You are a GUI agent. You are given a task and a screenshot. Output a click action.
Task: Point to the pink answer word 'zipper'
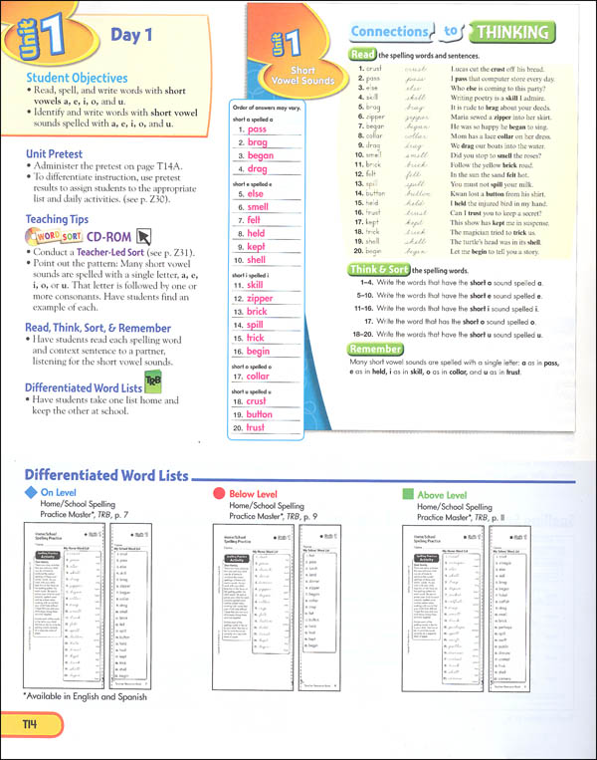260,299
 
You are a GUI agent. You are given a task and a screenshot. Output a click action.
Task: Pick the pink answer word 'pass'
257,129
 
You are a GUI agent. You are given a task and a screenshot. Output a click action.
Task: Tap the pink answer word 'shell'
259,259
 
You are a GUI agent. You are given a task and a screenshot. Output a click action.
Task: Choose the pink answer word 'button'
261,413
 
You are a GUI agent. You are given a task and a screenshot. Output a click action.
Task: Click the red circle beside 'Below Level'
217,494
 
